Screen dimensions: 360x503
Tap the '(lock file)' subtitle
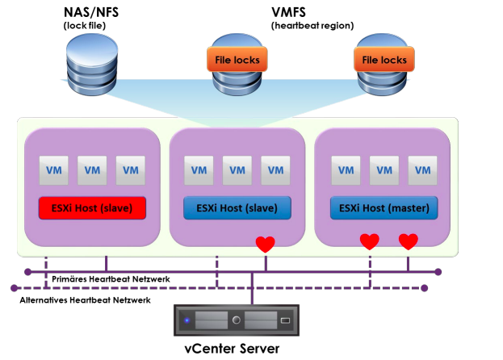86,26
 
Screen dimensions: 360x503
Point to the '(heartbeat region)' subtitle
312,26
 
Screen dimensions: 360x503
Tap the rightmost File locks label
384,60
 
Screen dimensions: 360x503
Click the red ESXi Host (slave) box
91,208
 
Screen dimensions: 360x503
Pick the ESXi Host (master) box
384,208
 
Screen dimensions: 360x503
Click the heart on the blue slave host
265,244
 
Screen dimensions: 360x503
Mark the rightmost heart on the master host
409,241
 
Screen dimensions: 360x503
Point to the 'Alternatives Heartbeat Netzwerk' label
85,299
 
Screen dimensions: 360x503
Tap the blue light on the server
187,320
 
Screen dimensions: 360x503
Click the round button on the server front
237,320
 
